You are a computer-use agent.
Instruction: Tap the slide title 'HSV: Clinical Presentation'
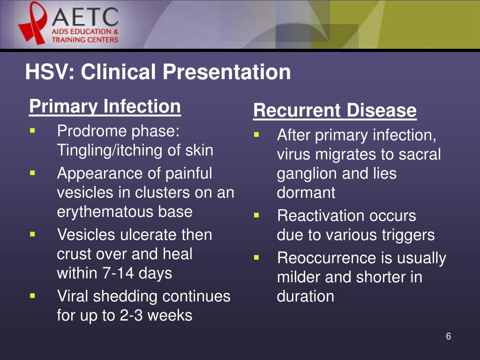click(x=157, y=72)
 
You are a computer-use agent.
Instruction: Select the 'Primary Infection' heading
click(x=105, y=106)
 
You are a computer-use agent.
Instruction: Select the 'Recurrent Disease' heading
click(x=334, y=111)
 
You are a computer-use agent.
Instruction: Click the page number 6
click(x=448, y=337)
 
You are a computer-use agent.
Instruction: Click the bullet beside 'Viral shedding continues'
click(x=32, y=296)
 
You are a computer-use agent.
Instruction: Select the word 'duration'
click(x=306, y=296)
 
